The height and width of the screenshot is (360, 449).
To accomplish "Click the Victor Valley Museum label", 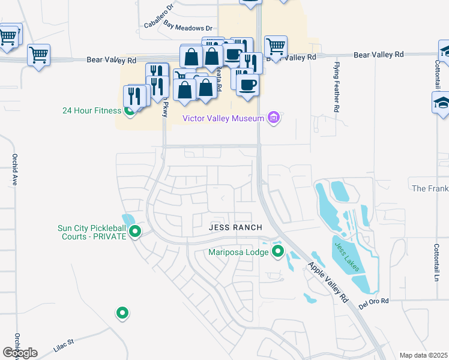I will click(223, 119).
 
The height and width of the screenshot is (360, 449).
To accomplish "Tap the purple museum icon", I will click(274, 118).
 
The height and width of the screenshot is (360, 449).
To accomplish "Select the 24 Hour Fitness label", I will click(92, 110).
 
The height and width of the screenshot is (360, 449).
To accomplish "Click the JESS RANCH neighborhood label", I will click(235, 227).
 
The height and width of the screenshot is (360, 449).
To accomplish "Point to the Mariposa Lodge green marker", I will click(277, 251).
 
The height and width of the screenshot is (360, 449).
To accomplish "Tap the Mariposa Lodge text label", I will click(238, 252).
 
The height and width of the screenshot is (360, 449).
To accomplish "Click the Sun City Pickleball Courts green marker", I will click(135, 232).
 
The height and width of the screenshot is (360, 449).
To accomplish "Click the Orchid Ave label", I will click(14, 169).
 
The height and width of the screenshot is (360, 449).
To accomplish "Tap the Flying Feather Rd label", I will click(337, 87).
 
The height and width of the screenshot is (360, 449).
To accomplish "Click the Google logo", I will click(20, 353).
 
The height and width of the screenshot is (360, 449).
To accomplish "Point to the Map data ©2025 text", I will click(423, 355).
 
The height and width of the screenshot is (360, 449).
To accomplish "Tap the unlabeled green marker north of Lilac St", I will click(122, 313).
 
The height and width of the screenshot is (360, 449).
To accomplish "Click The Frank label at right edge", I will click(430, 188).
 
